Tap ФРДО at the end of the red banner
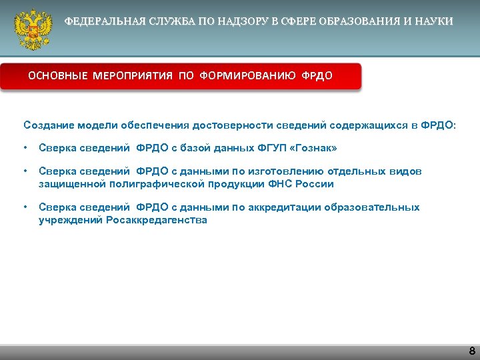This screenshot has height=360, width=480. click(317, 76)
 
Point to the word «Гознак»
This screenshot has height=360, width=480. click(308, 148)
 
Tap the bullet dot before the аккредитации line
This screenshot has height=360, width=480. click(25, 207)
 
